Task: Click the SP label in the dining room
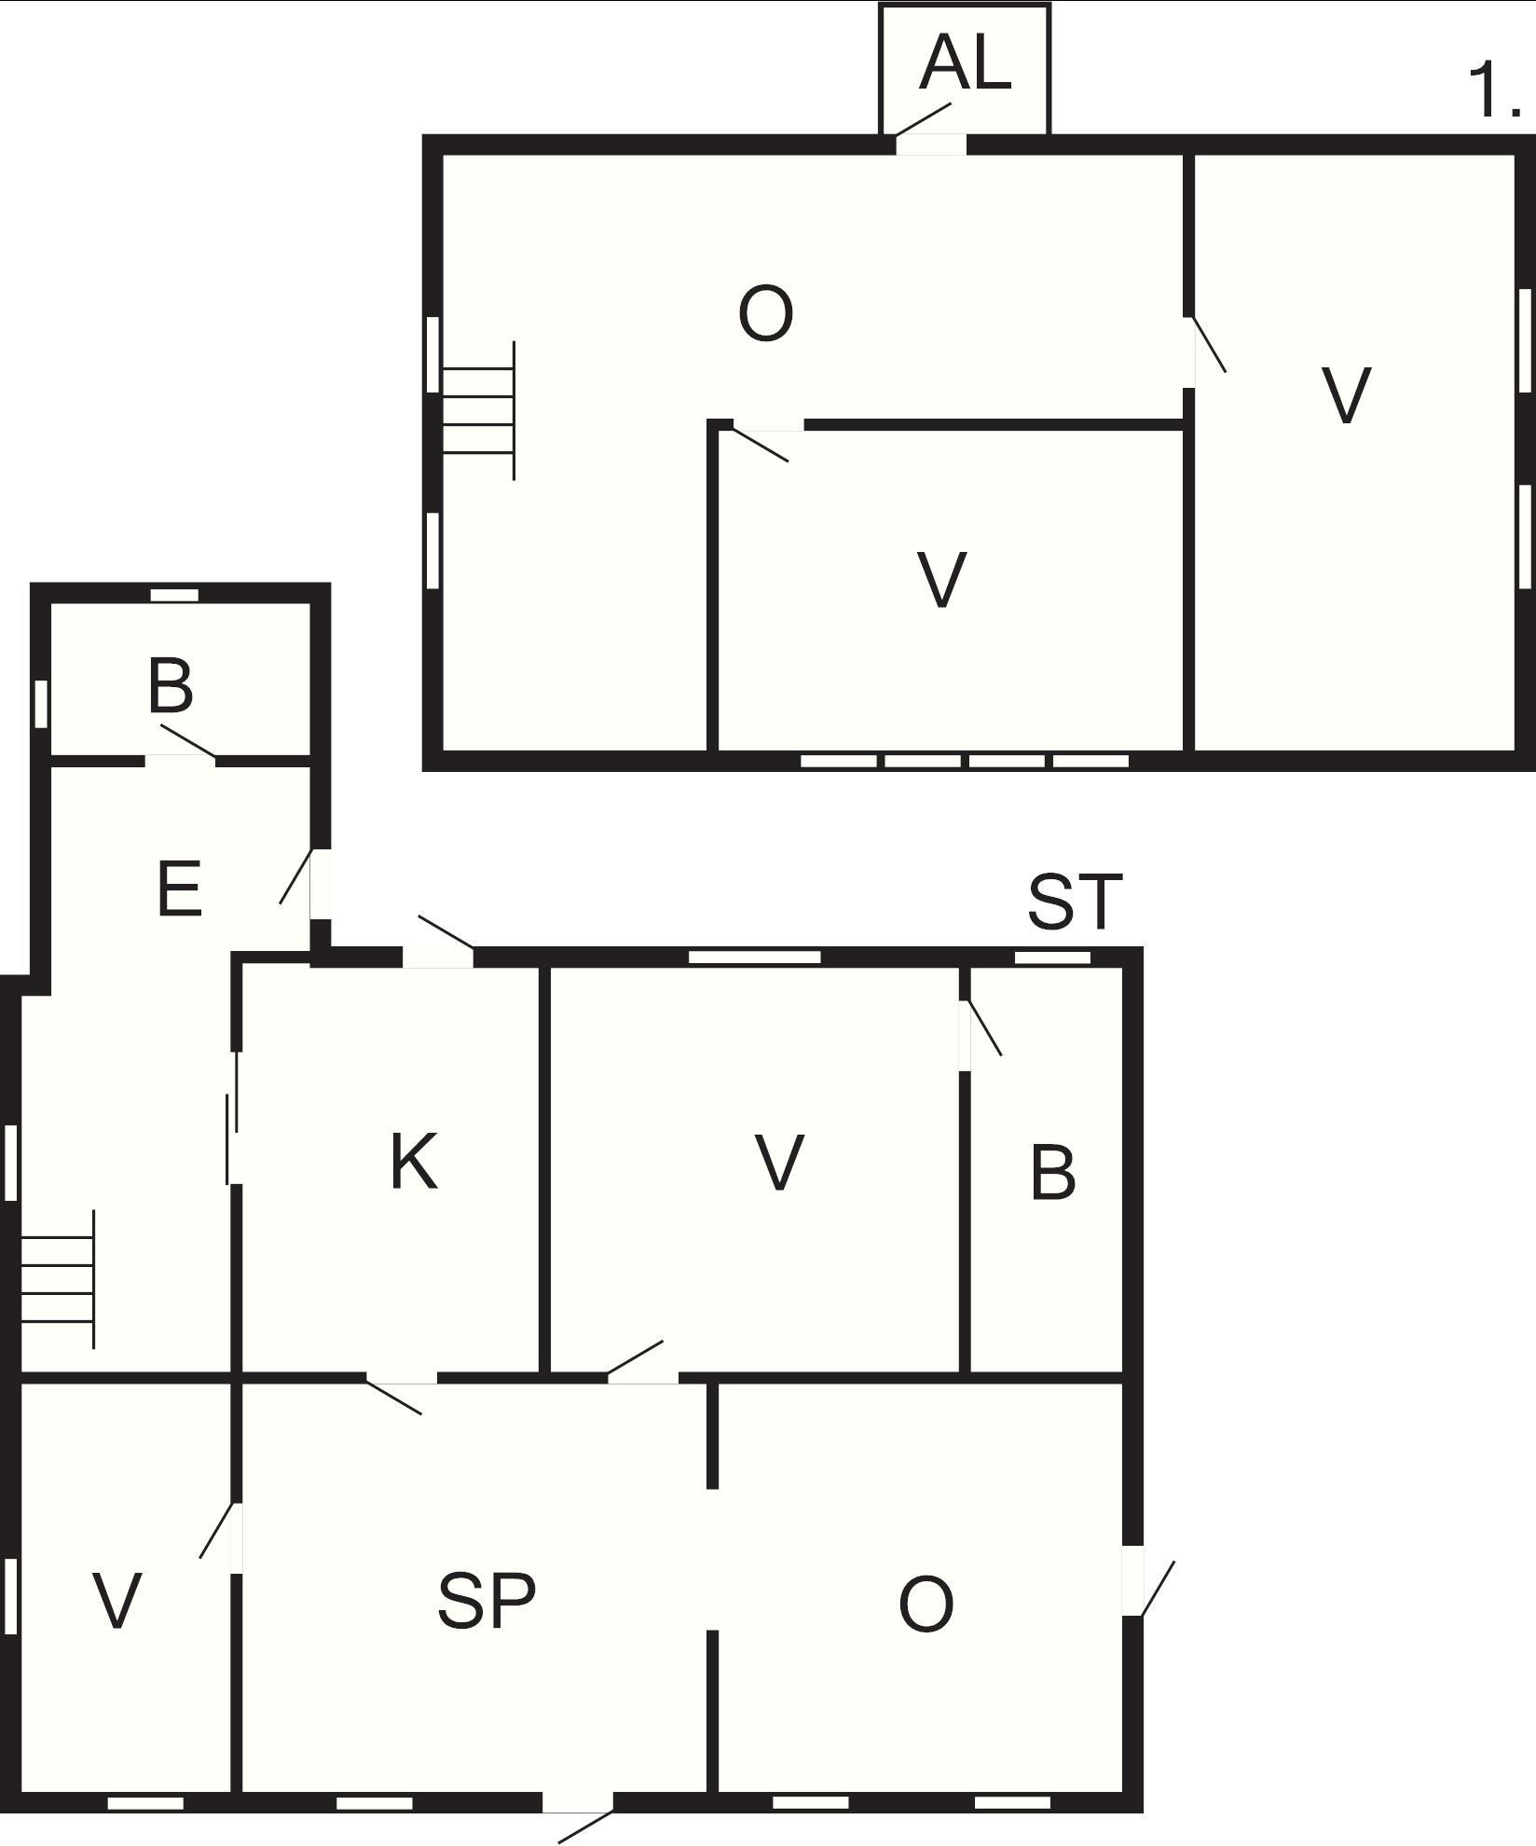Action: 487,1601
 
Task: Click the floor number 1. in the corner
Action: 1495,90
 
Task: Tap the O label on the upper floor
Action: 765,314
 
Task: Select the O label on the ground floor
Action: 926,1605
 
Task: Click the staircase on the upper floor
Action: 478,410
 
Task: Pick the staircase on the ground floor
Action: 58,1279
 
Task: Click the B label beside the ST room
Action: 1053,1172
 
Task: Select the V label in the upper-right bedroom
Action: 1347,395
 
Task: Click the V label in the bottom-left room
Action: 117,1600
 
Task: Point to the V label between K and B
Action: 778,1163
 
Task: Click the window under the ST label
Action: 1052,957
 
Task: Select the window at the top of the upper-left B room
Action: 175,595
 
